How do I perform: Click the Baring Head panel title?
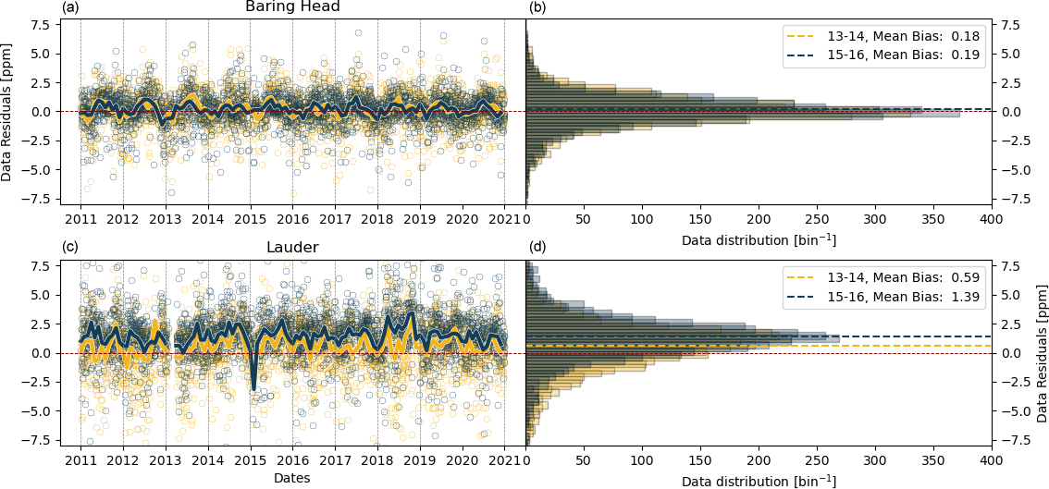292,7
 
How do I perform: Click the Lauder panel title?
292,248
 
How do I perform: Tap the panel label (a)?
71,8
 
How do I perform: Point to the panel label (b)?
537,8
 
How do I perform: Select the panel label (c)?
71,248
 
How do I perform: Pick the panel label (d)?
537,248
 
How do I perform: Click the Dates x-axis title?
291,478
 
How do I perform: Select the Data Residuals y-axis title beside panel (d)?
1041,353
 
